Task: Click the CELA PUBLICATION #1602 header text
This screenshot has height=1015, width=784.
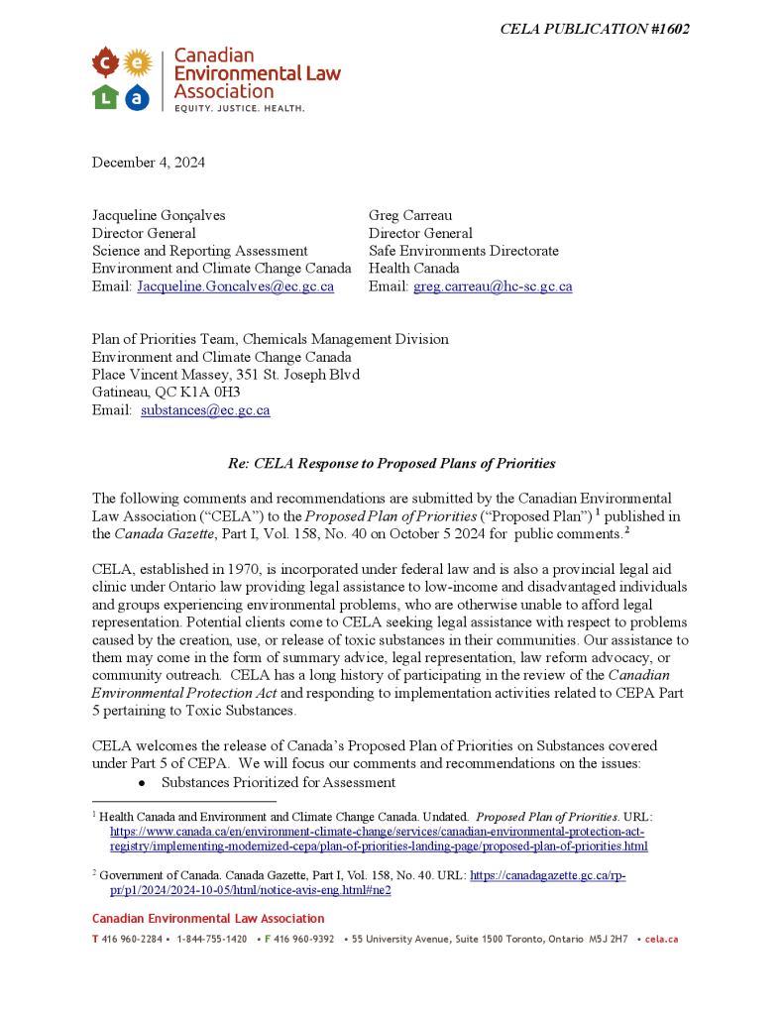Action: (x=595, y=29)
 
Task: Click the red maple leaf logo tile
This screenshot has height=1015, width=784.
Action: (x=106, y=64)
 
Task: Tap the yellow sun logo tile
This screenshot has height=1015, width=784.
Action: (x=138, y=64)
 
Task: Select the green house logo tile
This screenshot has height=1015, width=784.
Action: (x=106, y=96)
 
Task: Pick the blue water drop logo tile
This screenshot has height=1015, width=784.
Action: (x=138, y=96)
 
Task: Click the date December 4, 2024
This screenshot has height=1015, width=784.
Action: (x=149, y=163)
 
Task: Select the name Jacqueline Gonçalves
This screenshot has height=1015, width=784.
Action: (x=159, y=215)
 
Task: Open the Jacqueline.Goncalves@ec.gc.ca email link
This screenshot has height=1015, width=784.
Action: (x=235, y=286)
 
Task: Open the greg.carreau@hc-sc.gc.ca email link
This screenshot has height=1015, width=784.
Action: (x=492, y=286)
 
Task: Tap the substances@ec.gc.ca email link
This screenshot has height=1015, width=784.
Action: (x=205, y=410)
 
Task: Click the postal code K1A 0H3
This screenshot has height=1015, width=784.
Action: (x=205, y=393)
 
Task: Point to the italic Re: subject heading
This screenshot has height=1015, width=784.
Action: (x=392, y=463)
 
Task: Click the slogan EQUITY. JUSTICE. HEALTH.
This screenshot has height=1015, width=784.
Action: (x=240, y=107)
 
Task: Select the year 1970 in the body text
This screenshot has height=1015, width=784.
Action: (x=245, y=569)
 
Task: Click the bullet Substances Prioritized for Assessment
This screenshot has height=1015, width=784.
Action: (x=279, y=783)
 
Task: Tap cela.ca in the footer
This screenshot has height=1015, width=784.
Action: (x=661, y=939)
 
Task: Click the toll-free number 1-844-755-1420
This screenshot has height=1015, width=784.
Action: (x=212, y=939)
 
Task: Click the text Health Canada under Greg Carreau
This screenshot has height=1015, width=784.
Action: (x=414, y=269)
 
